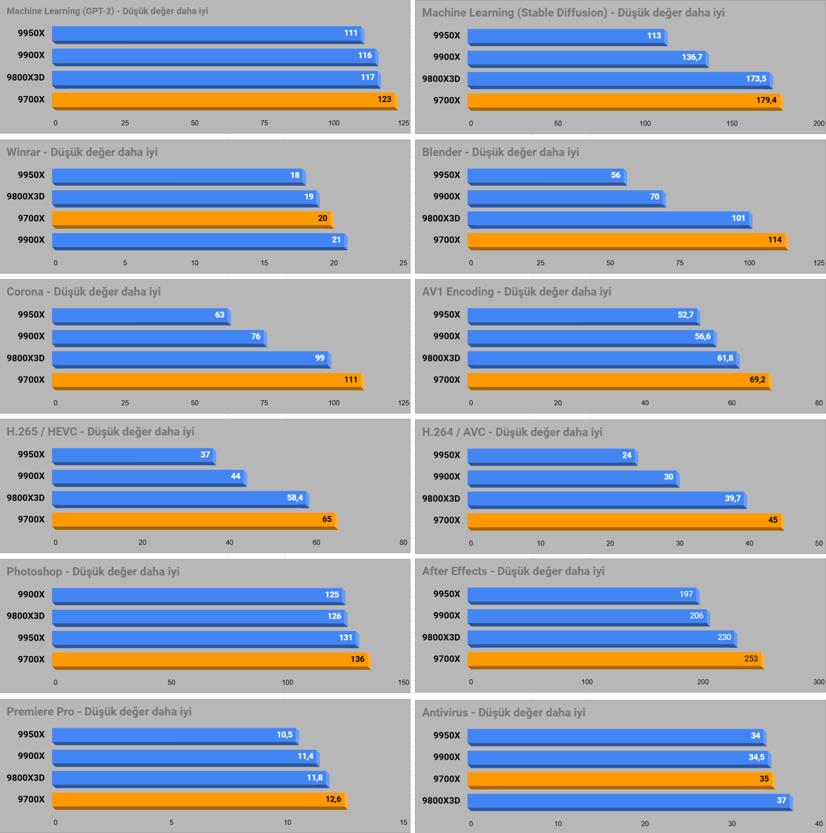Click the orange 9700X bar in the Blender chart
[626, 240]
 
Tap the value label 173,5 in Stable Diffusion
[756, 79]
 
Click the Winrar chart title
[82, 152]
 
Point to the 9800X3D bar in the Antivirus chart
[629, 801]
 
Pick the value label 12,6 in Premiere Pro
[333, 799]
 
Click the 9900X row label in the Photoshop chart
[31, 594]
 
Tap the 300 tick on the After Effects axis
[819, 682]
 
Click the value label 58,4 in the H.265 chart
[295, 498]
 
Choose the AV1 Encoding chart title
[517, 292]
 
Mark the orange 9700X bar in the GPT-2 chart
[224, 100]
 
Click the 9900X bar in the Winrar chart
[199, 240]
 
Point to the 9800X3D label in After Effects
[441, 637]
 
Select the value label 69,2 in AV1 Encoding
[757, 380]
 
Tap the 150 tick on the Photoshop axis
[403, 683]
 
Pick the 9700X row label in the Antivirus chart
[447, 779]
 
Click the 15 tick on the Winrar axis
[264, 263]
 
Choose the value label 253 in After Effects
[751, 659]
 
